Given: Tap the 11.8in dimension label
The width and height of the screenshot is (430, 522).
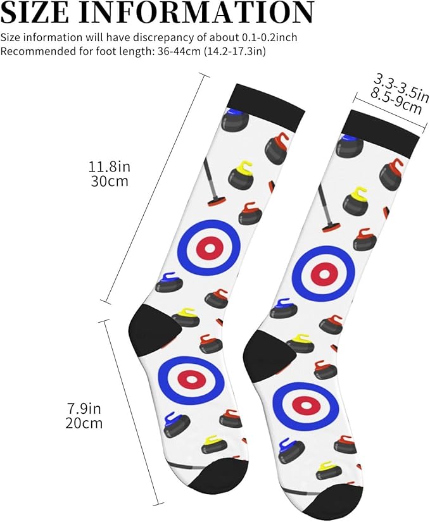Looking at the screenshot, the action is click(x=110, y=166).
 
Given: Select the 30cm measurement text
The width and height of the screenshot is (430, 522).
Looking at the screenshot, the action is click(x=110, y=182).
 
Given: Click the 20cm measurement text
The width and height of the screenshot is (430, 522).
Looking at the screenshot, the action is click(x=84, y=423).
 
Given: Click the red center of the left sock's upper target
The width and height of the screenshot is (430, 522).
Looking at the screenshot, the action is click(x=210, y=249).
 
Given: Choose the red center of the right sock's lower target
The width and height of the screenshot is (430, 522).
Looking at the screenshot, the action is click(x=306, y=404).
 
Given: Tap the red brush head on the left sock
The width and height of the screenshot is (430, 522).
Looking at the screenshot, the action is click(x=217, y=201).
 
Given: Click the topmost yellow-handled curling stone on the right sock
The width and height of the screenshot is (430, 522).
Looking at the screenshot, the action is click(x=356, y=201).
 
